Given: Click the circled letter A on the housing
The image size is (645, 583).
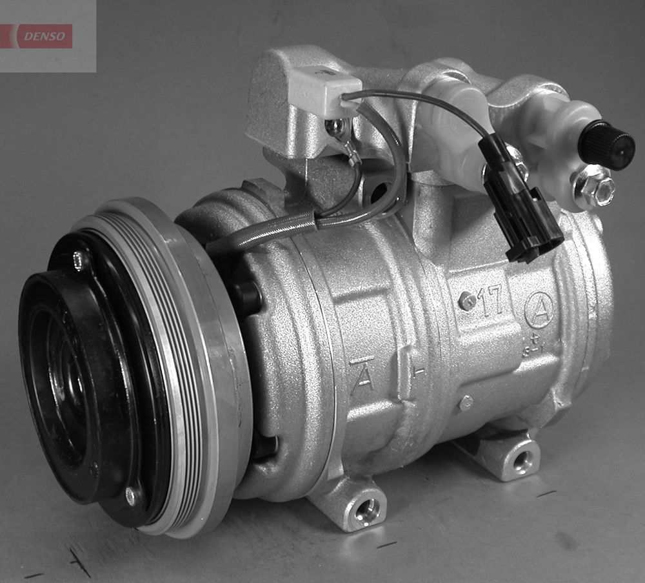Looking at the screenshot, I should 539,310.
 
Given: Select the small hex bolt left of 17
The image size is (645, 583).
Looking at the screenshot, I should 466,301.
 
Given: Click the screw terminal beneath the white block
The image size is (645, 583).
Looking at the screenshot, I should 336,127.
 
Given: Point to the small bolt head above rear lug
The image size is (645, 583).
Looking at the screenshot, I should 466,402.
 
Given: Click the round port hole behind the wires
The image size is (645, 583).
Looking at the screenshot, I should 379,190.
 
